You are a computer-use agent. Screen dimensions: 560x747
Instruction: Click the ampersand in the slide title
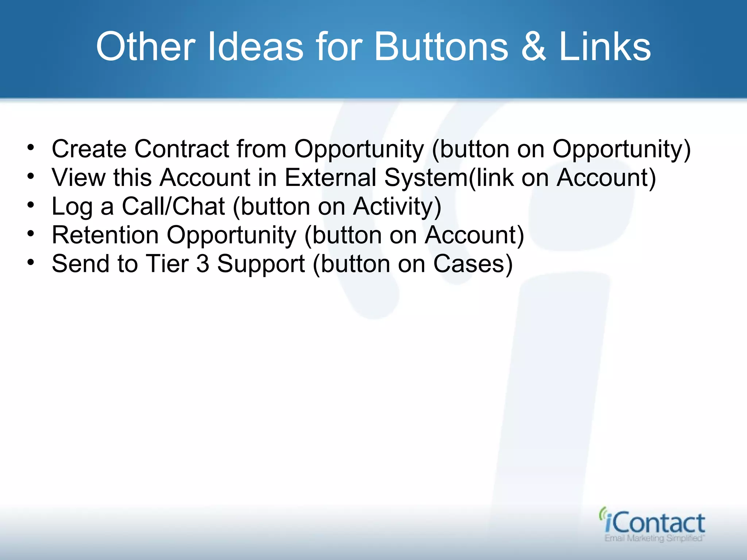click(533, 47)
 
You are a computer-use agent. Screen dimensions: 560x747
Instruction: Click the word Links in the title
click(604, 47)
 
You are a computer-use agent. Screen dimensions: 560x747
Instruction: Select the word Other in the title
click(146, 47)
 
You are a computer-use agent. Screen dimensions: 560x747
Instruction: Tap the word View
click(78, 178)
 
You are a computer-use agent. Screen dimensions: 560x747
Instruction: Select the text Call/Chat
click(173, 206)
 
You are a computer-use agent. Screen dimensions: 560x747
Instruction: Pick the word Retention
click(105, 235)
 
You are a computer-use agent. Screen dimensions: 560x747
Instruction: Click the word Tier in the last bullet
click(167, 264)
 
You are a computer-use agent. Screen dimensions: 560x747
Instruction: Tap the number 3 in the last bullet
click(203, 264)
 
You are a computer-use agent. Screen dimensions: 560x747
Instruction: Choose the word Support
click(261, 264)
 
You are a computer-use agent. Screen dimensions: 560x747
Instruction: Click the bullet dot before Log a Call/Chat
click(31, 205)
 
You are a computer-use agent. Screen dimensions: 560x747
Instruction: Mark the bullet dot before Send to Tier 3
click(31, 262)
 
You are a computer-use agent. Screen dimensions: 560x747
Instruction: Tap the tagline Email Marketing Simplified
click(654, 538)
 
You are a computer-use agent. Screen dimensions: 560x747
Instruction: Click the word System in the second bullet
click(425, 178)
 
